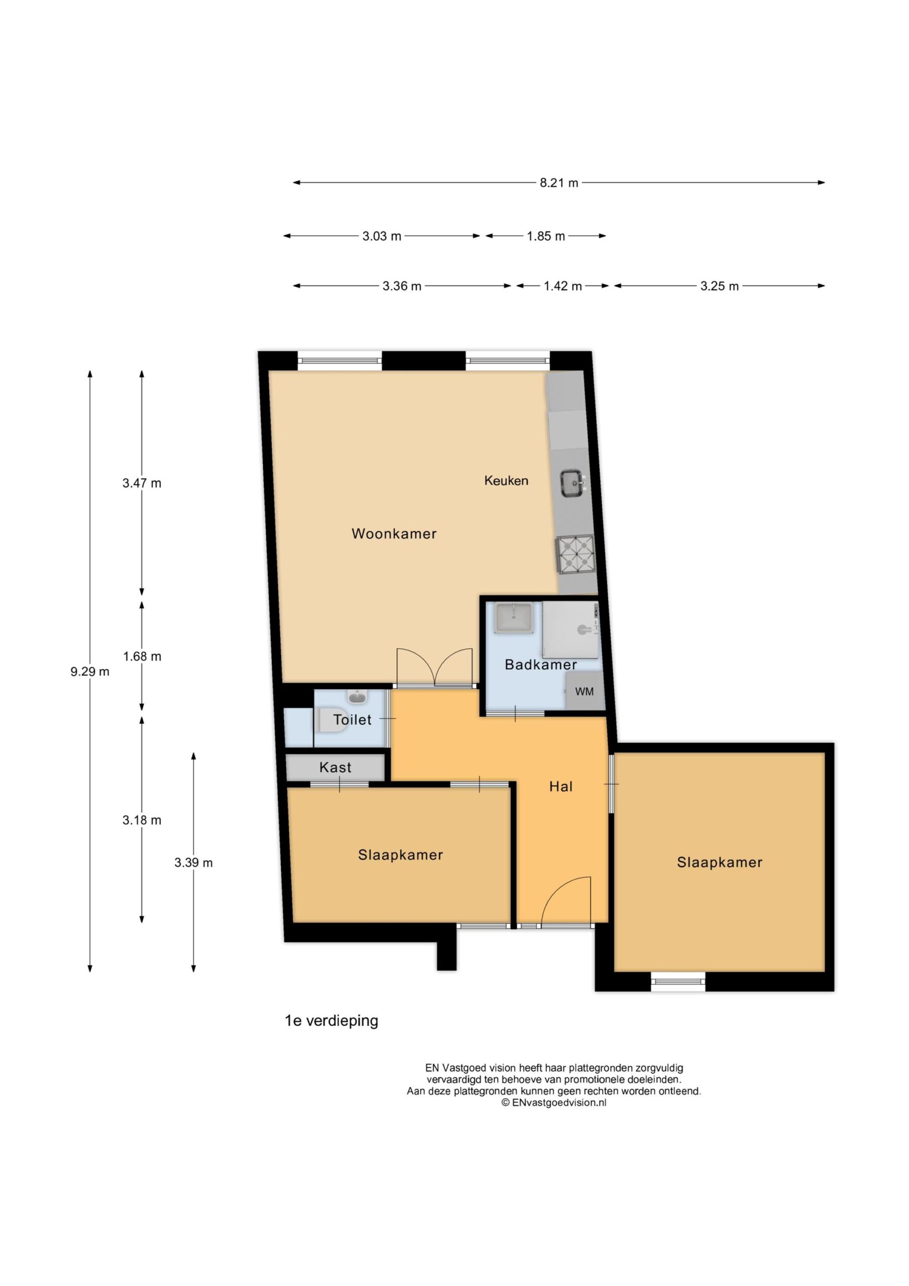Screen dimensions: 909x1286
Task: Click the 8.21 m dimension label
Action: point(559,182)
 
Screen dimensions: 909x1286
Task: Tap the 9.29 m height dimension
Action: point(89,672)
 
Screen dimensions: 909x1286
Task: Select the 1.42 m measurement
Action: point(562,286)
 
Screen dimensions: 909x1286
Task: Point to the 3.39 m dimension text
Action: point(193,863)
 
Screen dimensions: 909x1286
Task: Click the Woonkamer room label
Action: point(394,534)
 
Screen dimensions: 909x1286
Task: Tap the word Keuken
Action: point(506,481)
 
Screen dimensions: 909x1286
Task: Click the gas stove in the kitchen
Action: point(575,555)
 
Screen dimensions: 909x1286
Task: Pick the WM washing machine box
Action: point(584,692)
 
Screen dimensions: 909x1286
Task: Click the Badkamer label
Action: point(540,665)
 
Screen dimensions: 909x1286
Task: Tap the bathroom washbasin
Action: point(514,618)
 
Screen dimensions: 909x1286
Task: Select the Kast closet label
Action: point(335,768)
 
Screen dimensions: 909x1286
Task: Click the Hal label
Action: point(560,787)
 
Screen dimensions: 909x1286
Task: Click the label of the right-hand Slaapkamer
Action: point(719,863)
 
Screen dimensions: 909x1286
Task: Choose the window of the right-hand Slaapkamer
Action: point(677,982)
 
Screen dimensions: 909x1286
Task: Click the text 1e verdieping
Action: point(331,1021)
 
